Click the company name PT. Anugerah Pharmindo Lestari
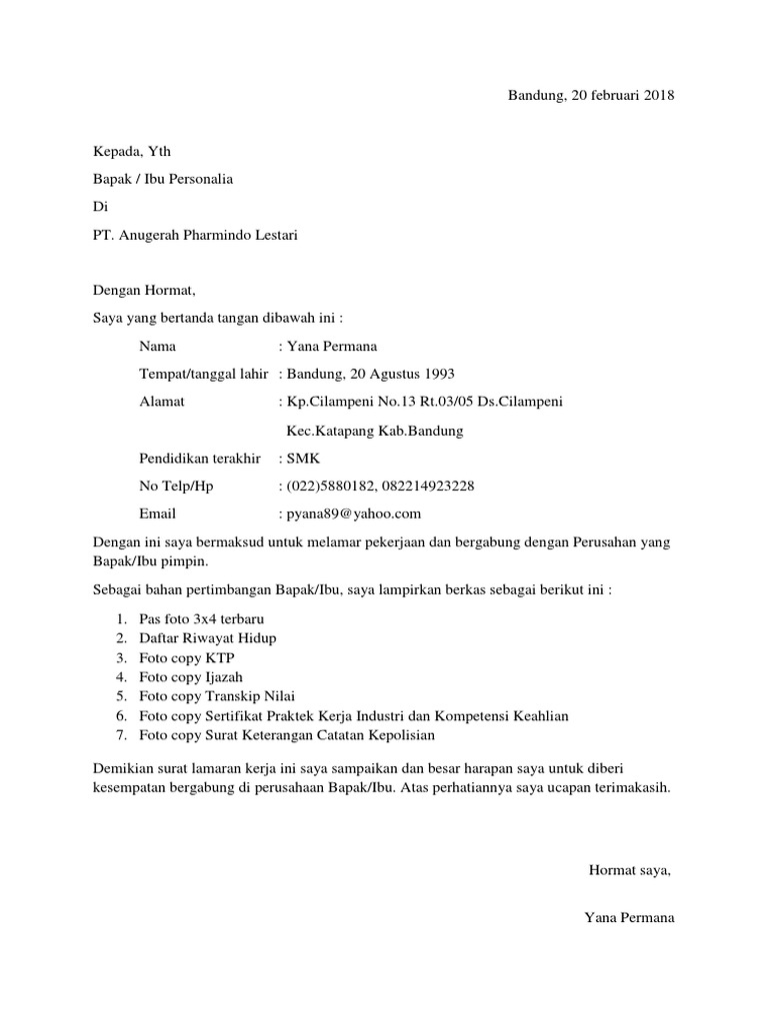coord(195,236)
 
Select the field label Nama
coord(158,347)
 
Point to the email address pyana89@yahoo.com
coord(354,513)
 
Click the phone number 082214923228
coord(428,487)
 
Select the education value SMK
coord(301,459)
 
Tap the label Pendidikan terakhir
coord(200,459)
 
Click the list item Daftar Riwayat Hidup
coord(208,638)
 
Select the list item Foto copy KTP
coord(187,657)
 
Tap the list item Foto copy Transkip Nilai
coord(217,695)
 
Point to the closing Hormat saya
coord(630,869)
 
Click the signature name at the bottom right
coord(629,917)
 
